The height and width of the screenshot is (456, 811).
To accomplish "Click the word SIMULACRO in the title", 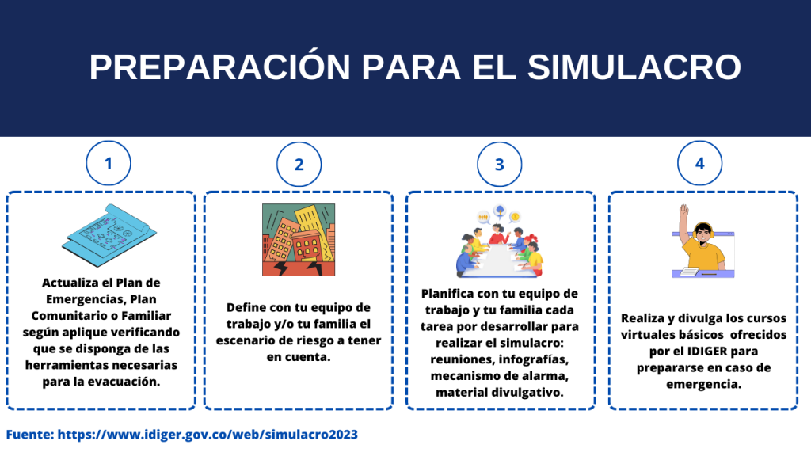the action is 634,67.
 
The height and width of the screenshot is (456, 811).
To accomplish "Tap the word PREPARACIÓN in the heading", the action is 220,66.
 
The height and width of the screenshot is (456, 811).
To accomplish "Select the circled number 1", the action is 109,163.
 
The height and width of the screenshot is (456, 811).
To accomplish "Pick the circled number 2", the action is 299,165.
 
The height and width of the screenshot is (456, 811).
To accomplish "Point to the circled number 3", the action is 500,165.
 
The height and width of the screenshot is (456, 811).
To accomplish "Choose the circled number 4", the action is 700,163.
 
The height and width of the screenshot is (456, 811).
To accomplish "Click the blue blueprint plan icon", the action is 109,234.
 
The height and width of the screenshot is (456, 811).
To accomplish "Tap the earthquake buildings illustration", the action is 299,239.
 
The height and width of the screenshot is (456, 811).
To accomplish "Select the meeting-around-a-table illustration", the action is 500,241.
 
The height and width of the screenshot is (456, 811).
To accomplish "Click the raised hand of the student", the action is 684,211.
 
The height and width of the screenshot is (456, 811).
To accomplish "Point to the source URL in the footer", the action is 208,435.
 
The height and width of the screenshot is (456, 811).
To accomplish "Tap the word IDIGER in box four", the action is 708,351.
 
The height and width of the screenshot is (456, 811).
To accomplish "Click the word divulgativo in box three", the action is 529,393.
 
